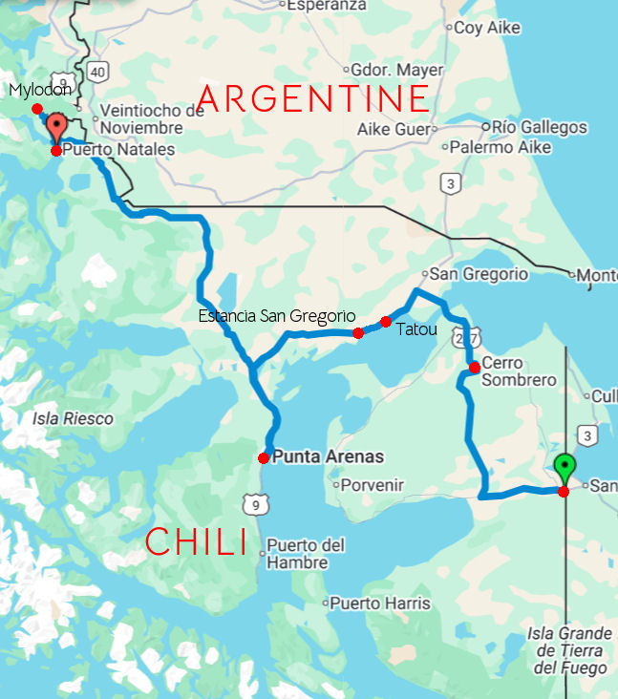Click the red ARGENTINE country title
(x=313, y=98)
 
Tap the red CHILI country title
(x=196, y=542)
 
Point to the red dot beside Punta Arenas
(x=264, y=458)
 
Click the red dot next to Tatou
(x=386, y=322)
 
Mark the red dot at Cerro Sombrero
(x=474, y=368)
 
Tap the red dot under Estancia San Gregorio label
(x=357, y=333)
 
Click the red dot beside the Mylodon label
(x=37, y=108)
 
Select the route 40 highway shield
(x=96, y=71)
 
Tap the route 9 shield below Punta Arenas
(x=251, y=502)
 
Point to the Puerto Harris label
(x=380, y=604)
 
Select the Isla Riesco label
(x=73, y=418)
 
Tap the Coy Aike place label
(x=487, y=28)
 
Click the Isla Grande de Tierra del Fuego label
(x=569, y=650)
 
